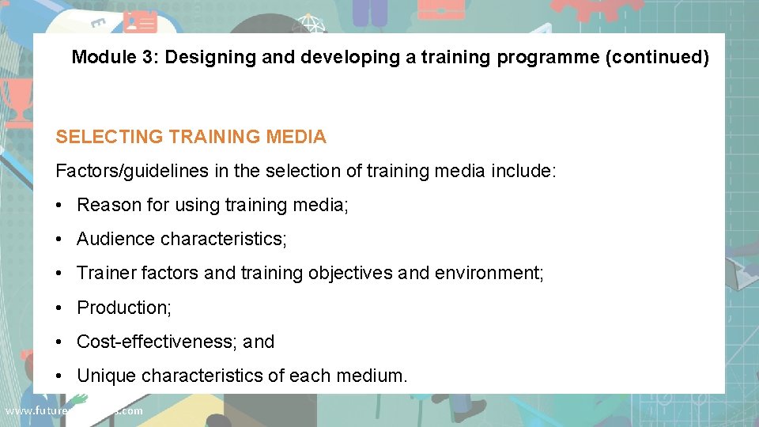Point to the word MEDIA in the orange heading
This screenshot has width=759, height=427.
pos(296,137)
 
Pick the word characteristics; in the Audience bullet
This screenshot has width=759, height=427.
pos(224,239)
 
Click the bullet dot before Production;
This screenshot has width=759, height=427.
pos(60,308)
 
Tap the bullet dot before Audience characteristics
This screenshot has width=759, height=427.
pos(60,239)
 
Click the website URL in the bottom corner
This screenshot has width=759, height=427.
pos(74,410)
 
